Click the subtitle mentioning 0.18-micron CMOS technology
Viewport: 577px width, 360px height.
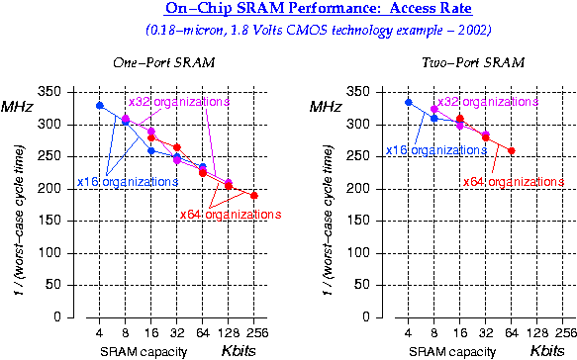click(x=288, y=30)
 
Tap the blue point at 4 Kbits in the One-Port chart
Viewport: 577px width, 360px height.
click(x=99, y=105)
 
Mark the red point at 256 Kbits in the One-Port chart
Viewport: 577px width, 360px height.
click(x=253, y=195)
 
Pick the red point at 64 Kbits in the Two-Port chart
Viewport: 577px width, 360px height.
click(x=512, y=150)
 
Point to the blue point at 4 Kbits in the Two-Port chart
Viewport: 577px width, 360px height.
click(x=409, y=102)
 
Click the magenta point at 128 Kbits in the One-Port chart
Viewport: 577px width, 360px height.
click(x=229, y=183)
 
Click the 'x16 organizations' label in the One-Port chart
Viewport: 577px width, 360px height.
click(x=121, y=183)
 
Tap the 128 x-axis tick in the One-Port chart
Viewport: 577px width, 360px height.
click(x=228, y=333)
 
